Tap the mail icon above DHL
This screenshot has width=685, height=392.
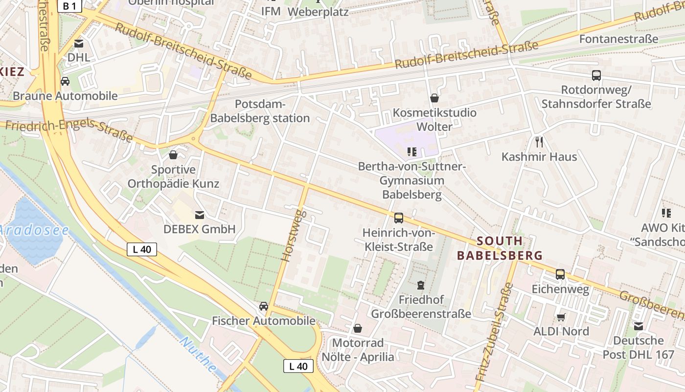pos(79,44)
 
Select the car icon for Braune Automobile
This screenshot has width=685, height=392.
pos(65,81)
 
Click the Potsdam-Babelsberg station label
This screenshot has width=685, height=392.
pos(260,111)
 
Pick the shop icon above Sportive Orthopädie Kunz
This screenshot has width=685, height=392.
pos(173,155)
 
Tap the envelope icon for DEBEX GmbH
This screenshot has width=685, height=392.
pos(200,215)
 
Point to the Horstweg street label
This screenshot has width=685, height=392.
pos(294,235)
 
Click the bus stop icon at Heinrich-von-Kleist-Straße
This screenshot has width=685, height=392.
pos(399,218)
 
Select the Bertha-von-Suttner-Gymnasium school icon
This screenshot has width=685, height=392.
pos(412,152)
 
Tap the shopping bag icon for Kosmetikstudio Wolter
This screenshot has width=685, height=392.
pos(434,98)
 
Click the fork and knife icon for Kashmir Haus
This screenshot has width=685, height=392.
pos(539,142)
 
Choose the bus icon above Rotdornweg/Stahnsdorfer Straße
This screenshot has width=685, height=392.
pos(596,75)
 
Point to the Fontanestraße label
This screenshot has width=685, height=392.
pos(618,39)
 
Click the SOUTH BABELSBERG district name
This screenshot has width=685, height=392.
pos(500,248)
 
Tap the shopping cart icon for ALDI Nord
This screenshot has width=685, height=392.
pos(561,317)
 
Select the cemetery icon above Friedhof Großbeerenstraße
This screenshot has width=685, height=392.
pos(421,285)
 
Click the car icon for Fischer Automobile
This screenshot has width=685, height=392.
pos(263,306)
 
